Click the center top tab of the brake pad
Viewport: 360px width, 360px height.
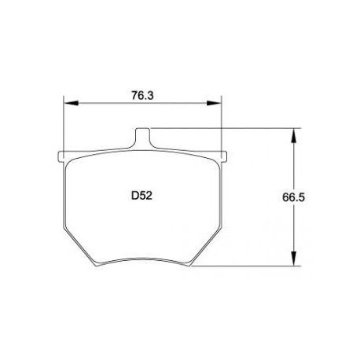(143, 136)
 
